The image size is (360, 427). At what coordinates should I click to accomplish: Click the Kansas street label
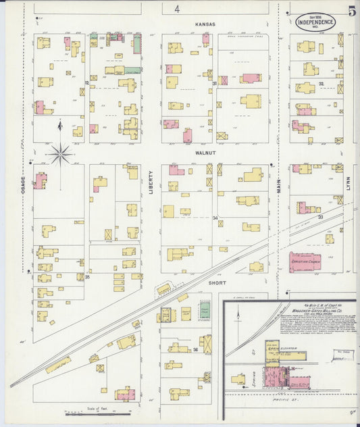[205, 24]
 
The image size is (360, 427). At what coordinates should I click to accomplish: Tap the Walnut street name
[205, 154]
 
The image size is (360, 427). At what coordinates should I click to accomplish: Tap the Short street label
[217, 282]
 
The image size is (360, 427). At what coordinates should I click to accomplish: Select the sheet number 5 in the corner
[352, 11]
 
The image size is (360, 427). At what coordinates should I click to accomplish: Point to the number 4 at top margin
[177, 9]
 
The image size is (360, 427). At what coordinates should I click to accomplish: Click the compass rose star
[60, 155]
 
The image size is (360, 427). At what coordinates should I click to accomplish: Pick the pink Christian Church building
[308, 261]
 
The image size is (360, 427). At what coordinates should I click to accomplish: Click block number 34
[215, 218]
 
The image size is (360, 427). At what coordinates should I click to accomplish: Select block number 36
[195, 349]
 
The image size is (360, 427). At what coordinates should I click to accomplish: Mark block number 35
[87, 276]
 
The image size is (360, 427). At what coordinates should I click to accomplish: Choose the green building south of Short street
[204, 312]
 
